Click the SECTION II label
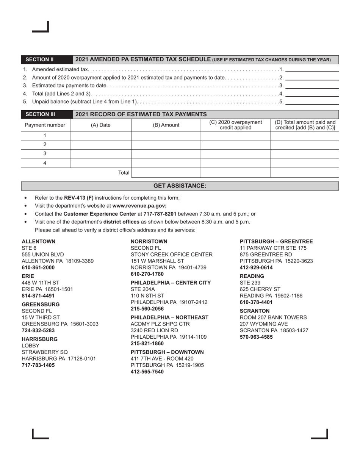pos(39,59)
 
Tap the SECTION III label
pos(40,114)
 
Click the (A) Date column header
pos(101,125)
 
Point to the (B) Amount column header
pos(166,125)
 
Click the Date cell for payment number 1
pos(101,136)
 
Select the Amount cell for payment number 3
pos(166,154)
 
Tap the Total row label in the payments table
pos(124,173)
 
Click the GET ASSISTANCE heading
pos(180,186)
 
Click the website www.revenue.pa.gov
pos(139,206)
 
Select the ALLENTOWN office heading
pos(38,241)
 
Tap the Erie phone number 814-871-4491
pos(38,296)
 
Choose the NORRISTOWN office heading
pos(149,241)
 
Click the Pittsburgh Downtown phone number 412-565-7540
pos(147,372)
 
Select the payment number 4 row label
pos(45,163)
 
